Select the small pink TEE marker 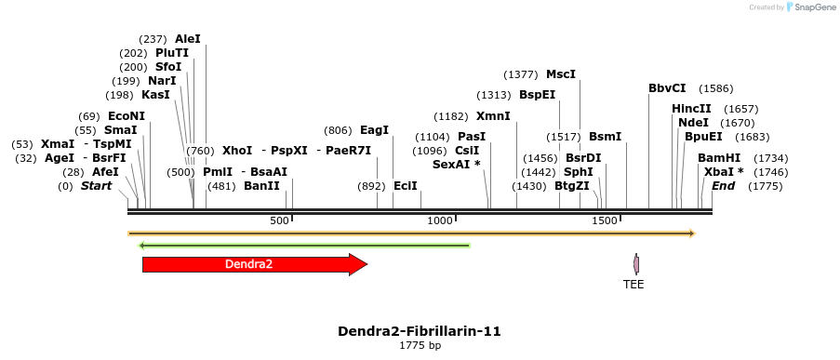(x=636, y=263)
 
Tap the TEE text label (x=633, y=285)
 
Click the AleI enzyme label (x=187, y=39)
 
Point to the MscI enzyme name (x=561, y=73)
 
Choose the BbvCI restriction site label (x=667, y=88)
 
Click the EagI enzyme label (x=374, y=130)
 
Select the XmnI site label (x=493, y=116)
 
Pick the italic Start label (x=96, y=186)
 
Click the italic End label (x=723, y=186)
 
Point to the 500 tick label (x=279, y=221)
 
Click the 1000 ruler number (x=439, y=221)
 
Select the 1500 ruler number (x=605, y=221)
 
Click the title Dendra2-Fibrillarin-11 (x=420, y=331)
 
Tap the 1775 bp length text (x=420, y=346)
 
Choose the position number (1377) (x=520, y=74)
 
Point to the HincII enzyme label (x=691, y=109)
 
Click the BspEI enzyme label (x=537, y=95)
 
